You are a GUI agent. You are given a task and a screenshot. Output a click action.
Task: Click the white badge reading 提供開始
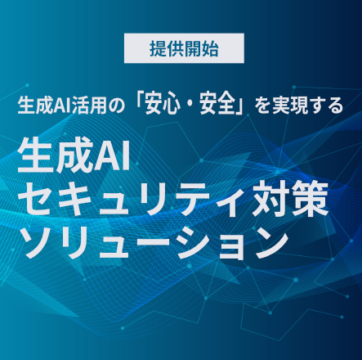[x=184, y=48]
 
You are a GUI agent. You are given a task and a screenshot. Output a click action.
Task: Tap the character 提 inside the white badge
[x=159, y=49]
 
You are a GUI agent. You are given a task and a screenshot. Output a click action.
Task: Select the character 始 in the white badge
[x=210, y=49]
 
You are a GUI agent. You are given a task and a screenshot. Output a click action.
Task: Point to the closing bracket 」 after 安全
[x=239, y=108]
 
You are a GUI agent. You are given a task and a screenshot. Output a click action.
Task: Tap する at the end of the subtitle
[x=325, y=106]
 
